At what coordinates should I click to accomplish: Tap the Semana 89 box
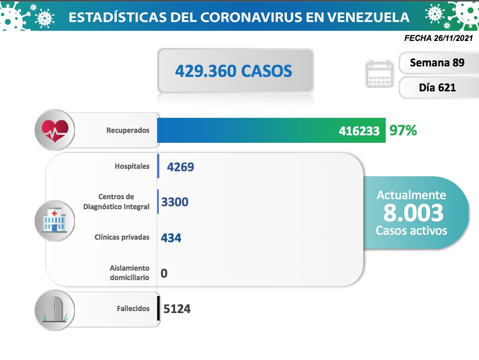pos(437,63)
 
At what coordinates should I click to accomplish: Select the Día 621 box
pos(437,87)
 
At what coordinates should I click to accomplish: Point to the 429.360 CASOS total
pos(234,71)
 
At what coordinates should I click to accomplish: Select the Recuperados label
pos(128,130)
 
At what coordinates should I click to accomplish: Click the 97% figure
pos(403,131)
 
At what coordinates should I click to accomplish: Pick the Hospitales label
pos(131,166)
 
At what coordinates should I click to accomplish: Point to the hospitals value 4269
pos(181,167)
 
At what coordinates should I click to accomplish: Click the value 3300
pos(175,202)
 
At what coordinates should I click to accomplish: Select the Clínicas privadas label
pos(122,237)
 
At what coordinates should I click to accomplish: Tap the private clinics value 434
pos(171,238)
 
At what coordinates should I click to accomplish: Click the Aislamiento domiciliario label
pos(130,273)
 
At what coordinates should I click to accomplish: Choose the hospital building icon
pos(54,220)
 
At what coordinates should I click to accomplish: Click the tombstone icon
pos(54,310)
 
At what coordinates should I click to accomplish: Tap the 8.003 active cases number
pos(413,213)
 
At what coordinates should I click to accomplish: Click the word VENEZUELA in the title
pos(366,17)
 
